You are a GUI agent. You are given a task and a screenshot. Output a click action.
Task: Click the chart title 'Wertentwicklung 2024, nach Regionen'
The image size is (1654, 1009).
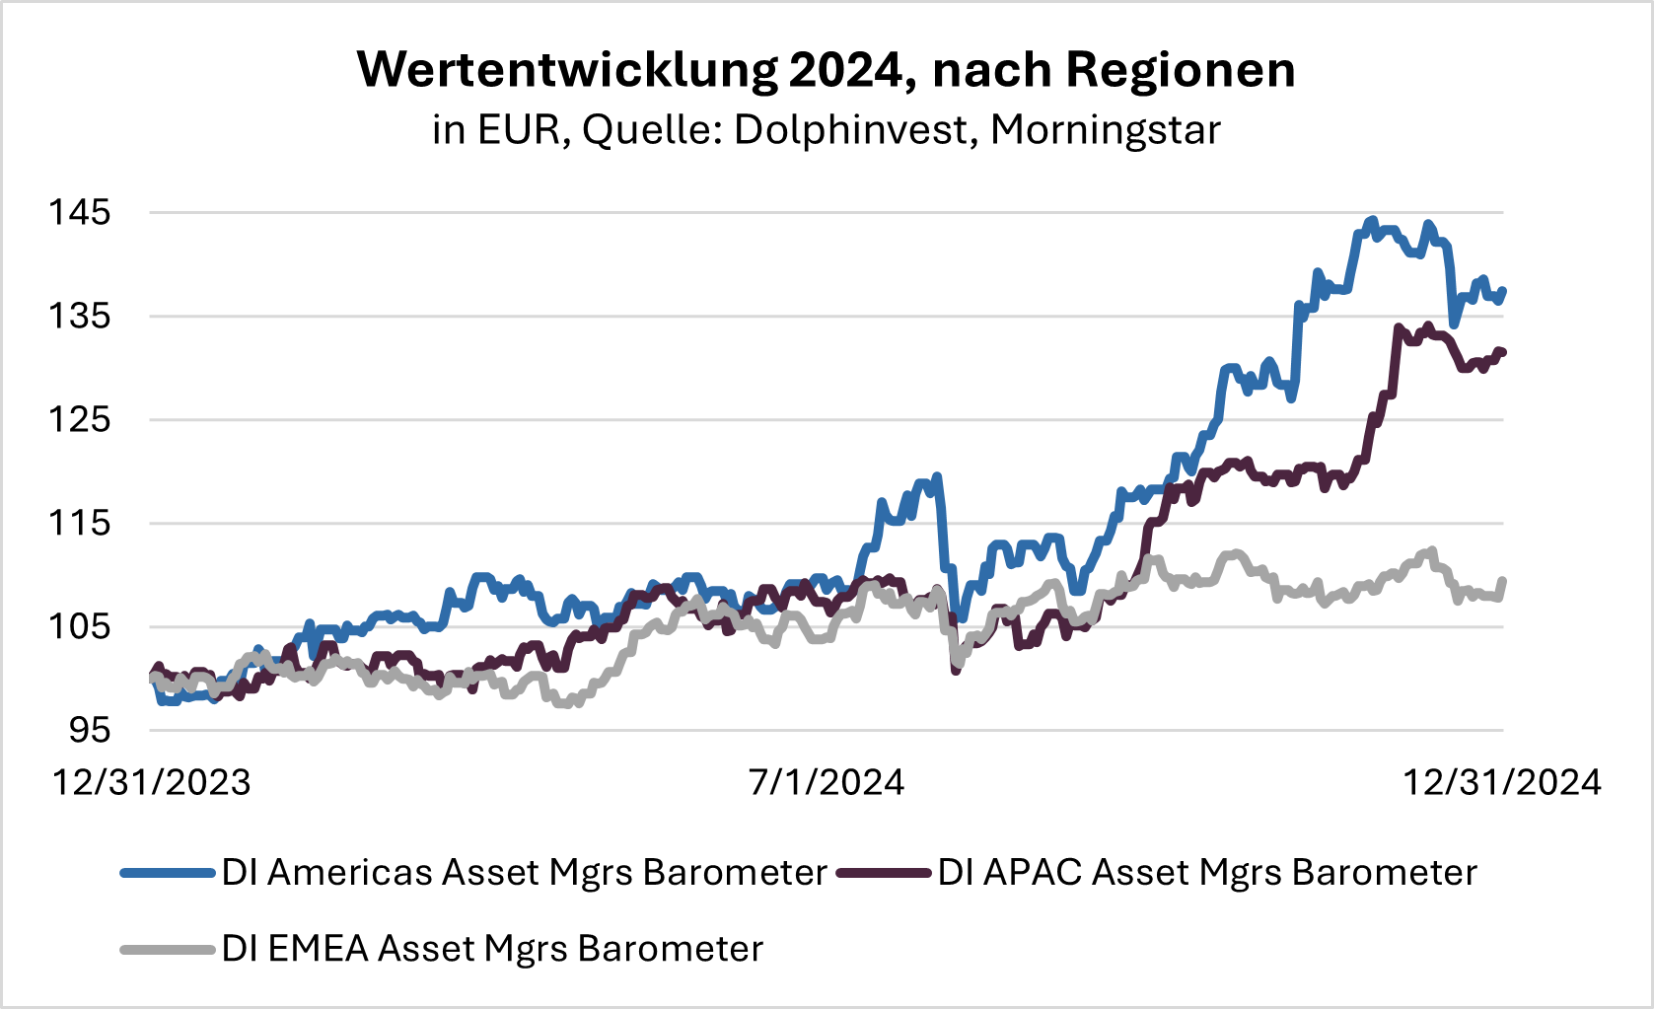click(827, 70)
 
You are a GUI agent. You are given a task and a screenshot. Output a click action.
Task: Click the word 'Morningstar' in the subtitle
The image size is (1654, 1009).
click(1106, 130)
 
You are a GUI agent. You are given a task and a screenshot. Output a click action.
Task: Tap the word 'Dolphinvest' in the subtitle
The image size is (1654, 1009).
click(853, 130)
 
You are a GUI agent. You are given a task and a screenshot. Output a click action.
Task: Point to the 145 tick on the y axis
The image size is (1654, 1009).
click(80, 212)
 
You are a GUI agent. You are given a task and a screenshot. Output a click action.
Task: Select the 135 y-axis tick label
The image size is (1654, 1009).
click(80, 316)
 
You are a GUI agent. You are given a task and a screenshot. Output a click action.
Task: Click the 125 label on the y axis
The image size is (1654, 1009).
click(80, 419)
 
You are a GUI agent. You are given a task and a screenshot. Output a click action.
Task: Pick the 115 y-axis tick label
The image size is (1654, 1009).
click(80, 523)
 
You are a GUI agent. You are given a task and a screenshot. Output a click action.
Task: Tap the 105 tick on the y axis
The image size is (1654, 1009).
click(80, 626)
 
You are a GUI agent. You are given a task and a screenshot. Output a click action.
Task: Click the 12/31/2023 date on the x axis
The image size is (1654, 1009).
click(152, 782)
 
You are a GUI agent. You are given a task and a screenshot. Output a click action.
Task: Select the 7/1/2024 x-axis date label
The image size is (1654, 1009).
click(827, 782)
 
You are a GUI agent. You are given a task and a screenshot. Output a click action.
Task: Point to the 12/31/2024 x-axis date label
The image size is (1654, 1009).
click(1502, 782)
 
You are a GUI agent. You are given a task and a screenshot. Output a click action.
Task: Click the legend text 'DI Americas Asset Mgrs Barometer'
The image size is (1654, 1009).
click(524, 873)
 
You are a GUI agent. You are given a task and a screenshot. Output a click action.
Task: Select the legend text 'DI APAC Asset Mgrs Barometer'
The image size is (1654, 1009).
click(1207, 873)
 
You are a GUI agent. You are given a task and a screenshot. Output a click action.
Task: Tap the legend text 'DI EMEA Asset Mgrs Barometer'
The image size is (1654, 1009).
click(492, 949)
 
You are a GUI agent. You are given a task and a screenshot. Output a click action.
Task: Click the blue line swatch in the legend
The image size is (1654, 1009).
click(168, 873)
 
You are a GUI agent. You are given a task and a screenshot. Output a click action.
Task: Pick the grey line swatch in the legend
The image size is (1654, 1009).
click(168, 950)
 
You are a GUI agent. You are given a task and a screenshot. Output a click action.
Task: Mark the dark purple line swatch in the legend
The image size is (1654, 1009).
click(884, 873)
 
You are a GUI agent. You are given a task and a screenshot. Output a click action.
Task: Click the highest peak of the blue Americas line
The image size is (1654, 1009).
click(1371, 221)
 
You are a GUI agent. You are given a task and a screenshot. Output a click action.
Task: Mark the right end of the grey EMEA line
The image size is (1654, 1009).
click(1503, 580)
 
